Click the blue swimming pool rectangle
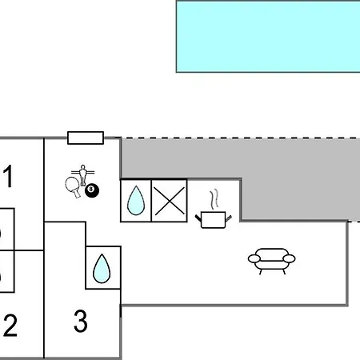(x=268, y=37)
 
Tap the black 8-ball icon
(x=92, y=190)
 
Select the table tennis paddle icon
(x=73, y=186)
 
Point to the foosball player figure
(x=83, y=175)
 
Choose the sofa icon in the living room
(x=271, y=261)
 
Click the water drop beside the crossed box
(x=136, y=201)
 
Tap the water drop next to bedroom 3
(x=102, y=269)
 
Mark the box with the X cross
(x=169, y=201)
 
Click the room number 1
(x=9, y=176)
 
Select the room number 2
(x=10, y=325)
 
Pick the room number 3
(x=80, y=321)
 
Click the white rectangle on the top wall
(x=86, y=138)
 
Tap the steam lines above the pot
(x=214, y=199)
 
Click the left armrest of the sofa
(x=254, y=258)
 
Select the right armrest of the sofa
(x=289, y=258)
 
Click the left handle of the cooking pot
(x=198, y=218)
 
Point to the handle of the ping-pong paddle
(x=77, y=194)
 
